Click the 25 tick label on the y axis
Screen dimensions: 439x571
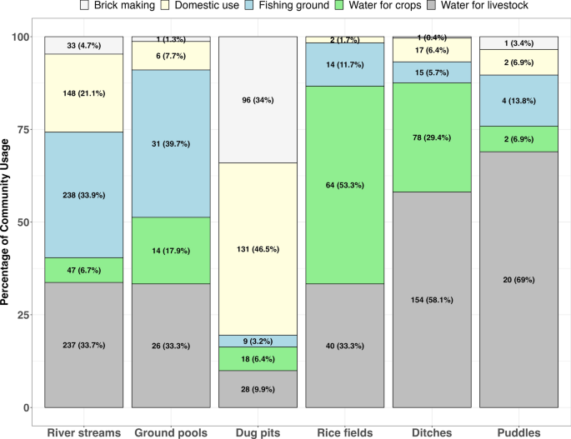click(22, 316)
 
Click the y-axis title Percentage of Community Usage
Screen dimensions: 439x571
click(7, 222)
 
